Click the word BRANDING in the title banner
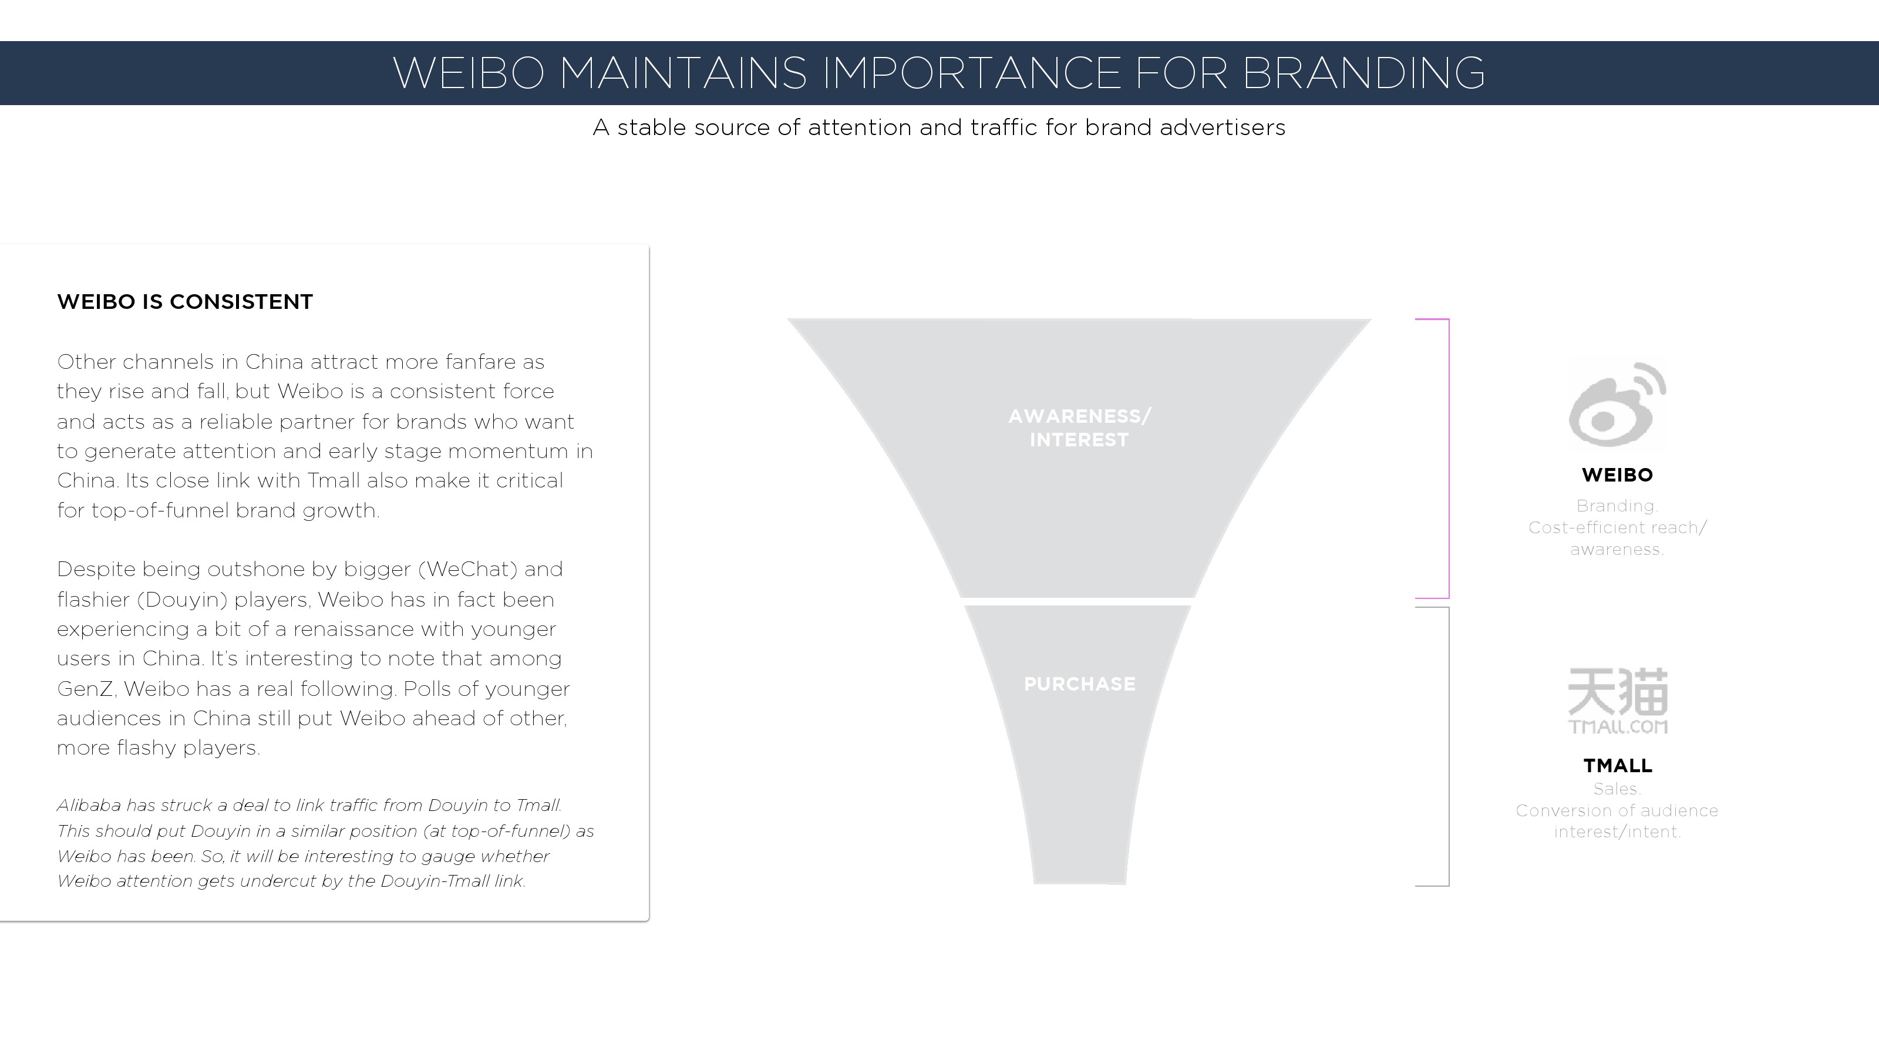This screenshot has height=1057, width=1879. click(x=1362, y=73)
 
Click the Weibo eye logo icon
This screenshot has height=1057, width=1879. click(x=1617, y=405)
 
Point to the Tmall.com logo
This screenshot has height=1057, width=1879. click(x=1618, y=701)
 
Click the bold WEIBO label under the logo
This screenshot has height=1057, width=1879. click(x=1617, y=475)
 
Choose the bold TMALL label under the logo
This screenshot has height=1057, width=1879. click(x=1617, y=765)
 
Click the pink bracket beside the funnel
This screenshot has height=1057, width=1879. click(x=1448, y=458)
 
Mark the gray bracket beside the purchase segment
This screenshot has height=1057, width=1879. click(x=1448, y=746)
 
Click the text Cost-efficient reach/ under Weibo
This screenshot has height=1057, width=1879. click(x=1617, y=527)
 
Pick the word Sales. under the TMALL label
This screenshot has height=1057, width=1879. click(x=1617, y=789)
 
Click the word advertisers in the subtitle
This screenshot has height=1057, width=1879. click(x=1222, y=127)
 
